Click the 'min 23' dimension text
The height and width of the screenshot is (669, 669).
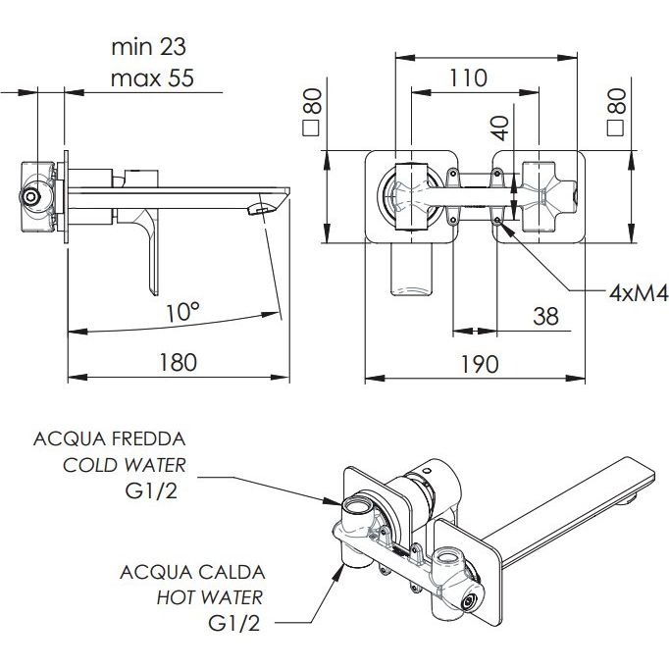148,47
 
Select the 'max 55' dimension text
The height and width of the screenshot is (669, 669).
152,78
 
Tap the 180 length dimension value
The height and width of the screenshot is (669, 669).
179,362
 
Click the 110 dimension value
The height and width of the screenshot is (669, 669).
468,77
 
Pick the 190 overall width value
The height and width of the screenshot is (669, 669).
480,364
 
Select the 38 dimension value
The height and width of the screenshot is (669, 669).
545,316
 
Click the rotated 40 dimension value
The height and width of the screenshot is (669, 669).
500,128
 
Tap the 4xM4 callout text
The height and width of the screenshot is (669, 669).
639,293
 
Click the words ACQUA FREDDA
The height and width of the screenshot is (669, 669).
110,438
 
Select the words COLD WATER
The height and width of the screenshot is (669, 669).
125,465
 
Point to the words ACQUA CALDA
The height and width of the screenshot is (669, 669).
192,572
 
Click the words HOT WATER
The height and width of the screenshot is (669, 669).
210,597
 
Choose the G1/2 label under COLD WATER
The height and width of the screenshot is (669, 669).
151,491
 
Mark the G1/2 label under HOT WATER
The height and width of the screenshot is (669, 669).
234,624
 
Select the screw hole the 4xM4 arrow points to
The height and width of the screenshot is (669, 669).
497,220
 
